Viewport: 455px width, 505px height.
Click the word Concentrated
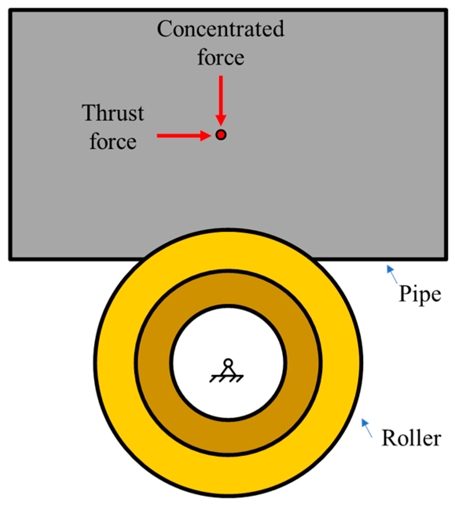click(x=220, y=29)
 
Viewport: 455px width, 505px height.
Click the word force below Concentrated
click(x=220, y=57)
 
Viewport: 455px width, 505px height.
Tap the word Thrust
click(x=113, y=113)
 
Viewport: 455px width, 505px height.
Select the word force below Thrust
click(x=113, y=141)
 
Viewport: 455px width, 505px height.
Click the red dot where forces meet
click(x=221, y=135)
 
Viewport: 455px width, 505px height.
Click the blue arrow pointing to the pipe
click(x=392, y=274)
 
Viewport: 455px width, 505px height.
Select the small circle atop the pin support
click(x=228, y=362)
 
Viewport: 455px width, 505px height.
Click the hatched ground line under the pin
click(x=227, y=379)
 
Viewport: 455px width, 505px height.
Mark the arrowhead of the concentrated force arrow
click(x=221, y=121)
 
